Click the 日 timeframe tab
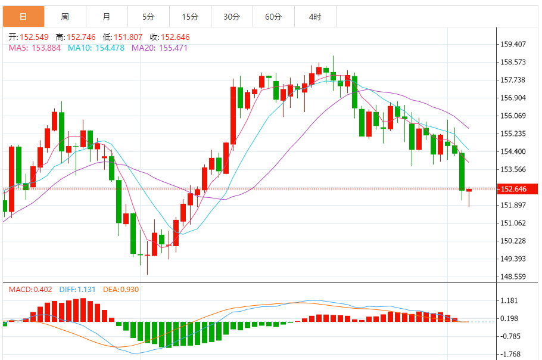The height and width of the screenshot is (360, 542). [x=23, y=17]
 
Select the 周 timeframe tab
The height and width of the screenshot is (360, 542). [x=65, y=17]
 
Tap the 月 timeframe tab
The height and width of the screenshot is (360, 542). [x=107, y=17]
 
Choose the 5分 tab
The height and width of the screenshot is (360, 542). [x=148, y=17]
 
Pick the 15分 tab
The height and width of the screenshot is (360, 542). [x=190, y=17]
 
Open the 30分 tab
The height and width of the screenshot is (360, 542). [x=232, y=17]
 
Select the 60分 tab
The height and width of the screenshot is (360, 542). [x=273, y=17]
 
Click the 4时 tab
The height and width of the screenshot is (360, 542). [x=315, y=17]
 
